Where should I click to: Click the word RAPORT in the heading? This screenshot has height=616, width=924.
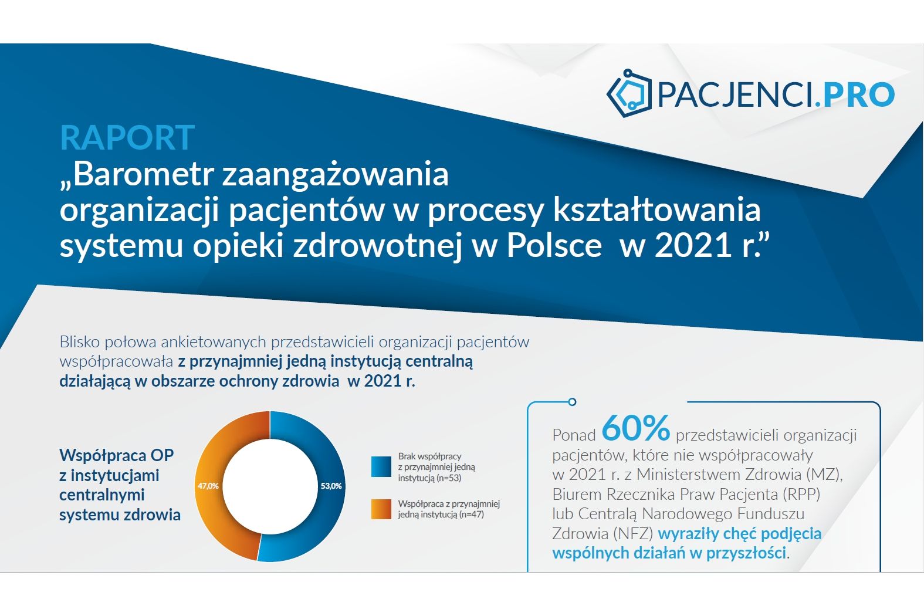(127, 137)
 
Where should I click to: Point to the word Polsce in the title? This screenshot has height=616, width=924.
(554, 246)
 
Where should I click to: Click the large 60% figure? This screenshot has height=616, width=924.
(636, 428)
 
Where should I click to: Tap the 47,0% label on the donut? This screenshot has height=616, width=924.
(208, 486)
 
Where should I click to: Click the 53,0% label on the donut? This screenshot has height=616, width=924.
(331, 486)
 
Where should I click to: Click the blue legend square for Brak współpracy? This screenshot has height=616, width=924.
(381, 466)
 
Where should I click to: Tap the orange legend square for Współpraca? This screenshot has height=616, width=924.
(381, 509)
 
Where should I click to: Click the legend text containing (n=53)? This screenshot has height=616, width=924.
(436, 467)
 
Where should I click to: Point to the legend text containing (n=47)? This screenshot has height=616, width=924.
(449, 509)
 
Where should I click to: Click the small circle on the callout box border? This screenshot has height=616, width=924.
(572, 402)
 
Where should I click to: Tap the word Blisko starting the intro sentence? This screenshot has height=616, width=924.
(80, 341)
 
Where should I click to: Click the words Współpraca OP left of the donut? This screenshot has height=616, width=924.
(117, 455)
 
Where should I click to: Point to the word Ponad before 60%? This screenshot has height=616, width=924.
(574, 435)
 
